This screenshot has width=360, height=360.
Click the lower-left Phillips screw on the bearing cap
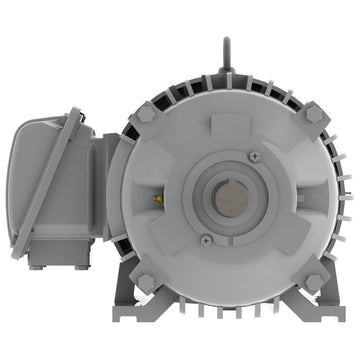click(x=205, y=240)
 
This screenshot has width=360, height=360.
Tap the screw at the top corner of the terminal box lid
click(x=76, y=119)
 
